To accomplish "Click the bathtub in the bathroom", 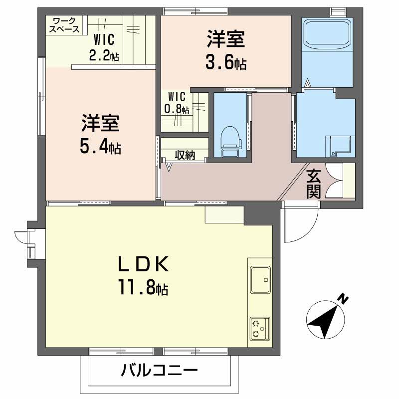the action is pos(327,33).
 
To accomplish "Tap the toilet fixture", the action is pos(230,142).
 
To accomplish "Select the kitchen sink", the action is pos(260,280).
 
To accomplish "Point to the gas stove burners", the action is pos(260,328).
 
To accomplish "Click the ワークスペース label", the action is pos(64,25).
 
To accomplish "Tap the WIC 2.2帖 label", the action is pos(104,47).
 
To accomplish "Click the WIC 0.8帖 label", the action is pos(177,103).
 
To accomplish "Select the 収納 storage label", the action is pos(185,155).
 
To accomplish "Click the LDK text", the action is pos(144,264).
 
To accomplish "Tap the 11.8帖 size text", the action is pos(143,287).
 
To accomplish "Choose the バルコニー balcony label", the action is pos(159,370).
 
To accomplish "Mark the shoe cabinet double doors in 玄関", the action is pos(334,181).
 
